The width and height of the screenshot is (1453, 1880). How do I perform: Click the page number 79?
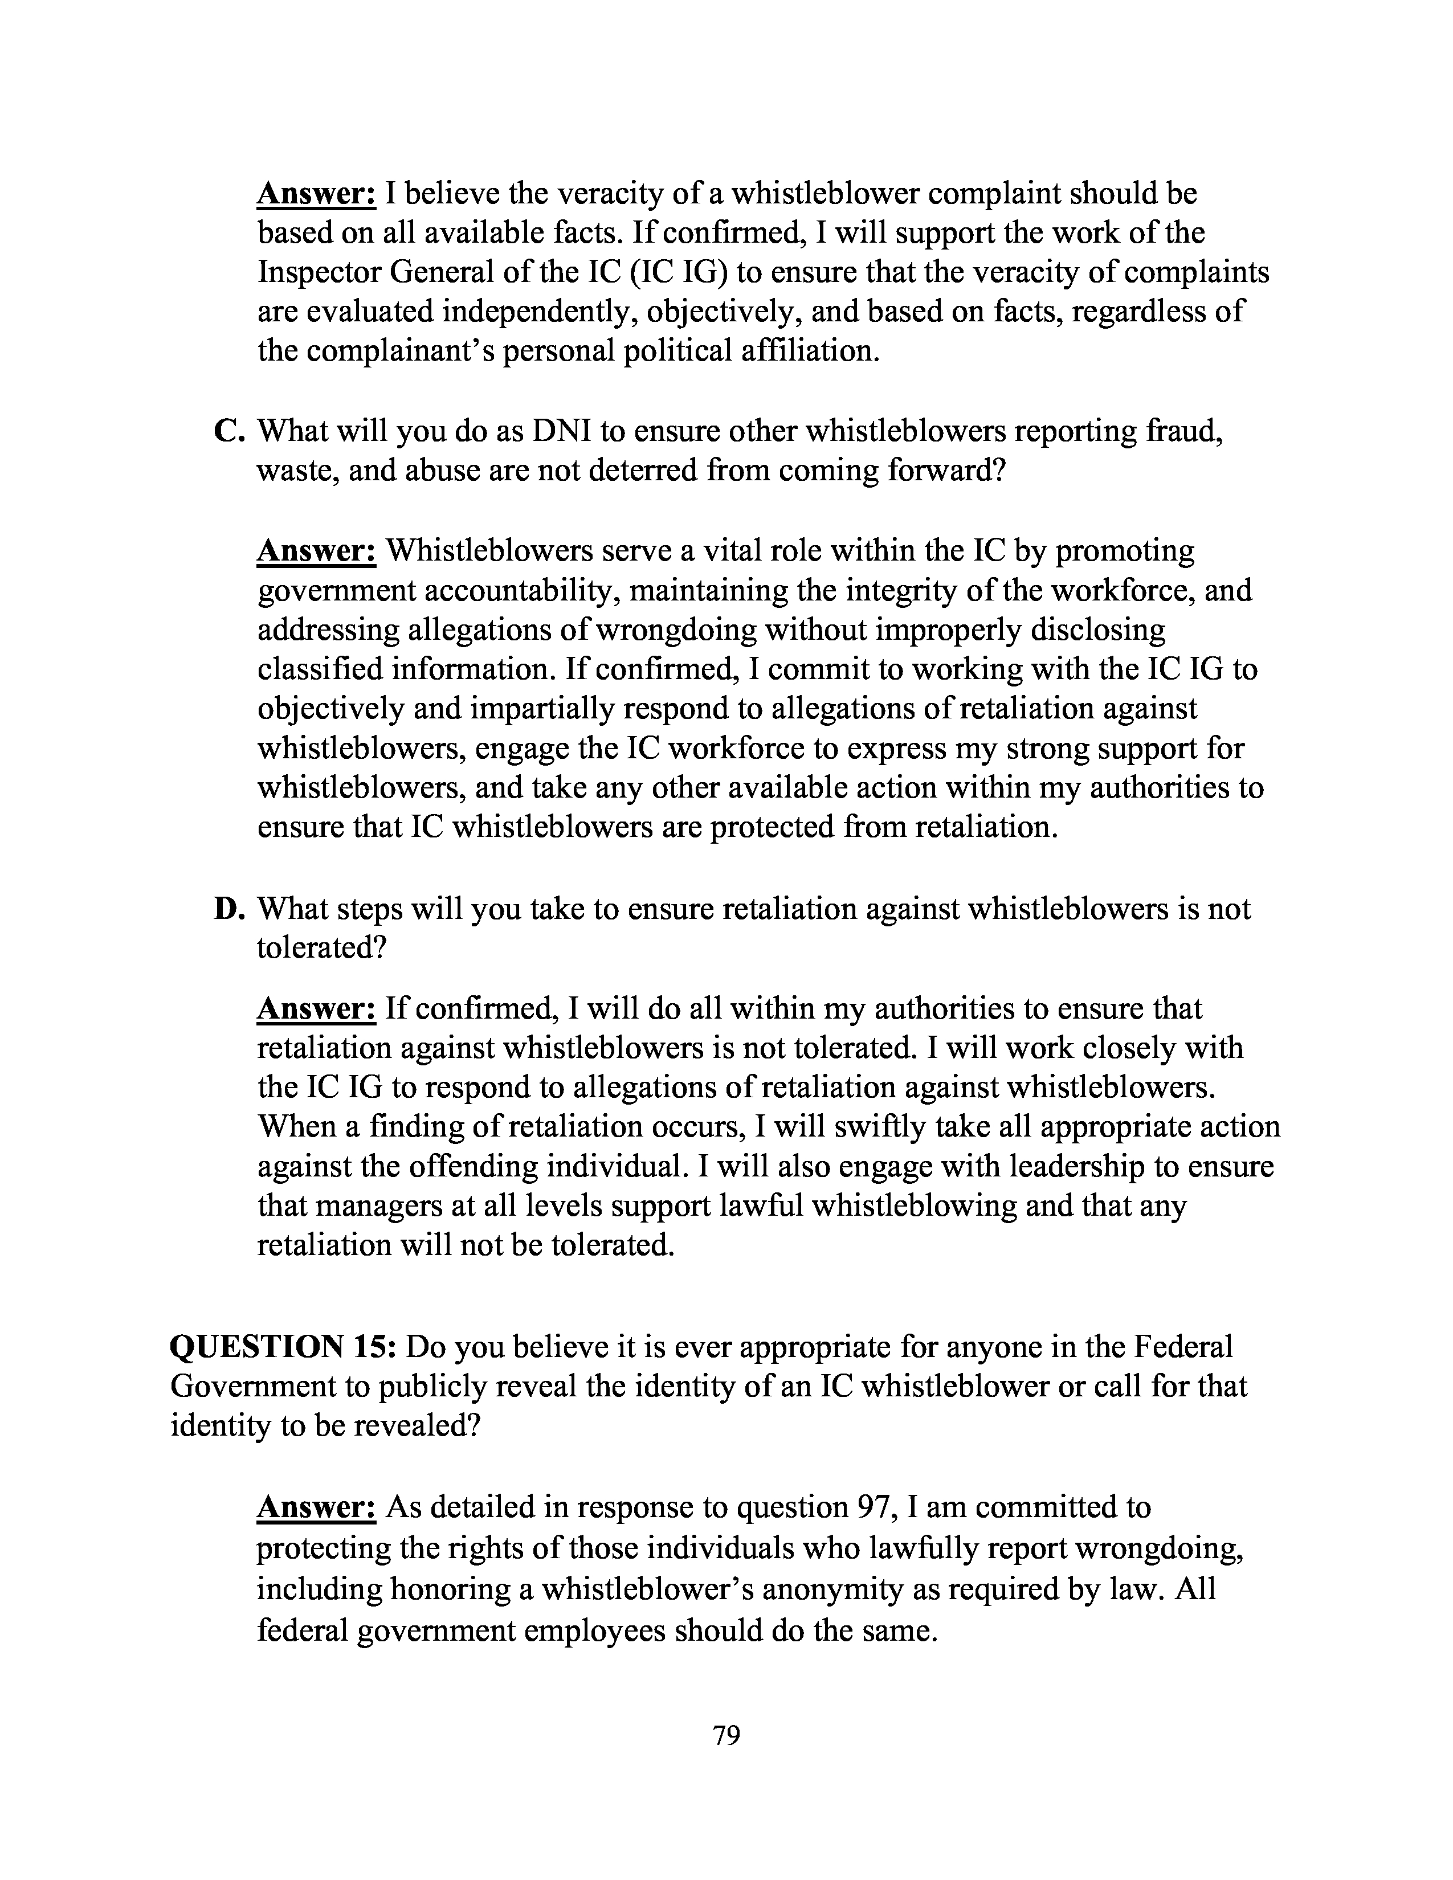pyautogui.click(x=726, y=1735)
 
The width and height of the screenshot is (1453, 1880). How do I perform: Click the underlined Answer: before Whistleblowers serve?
pyautogui.click(x=316, y=550)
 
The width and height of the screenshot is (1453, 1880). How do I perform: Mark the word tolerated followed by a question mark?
pyautogui.click(x=320, y=948)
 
